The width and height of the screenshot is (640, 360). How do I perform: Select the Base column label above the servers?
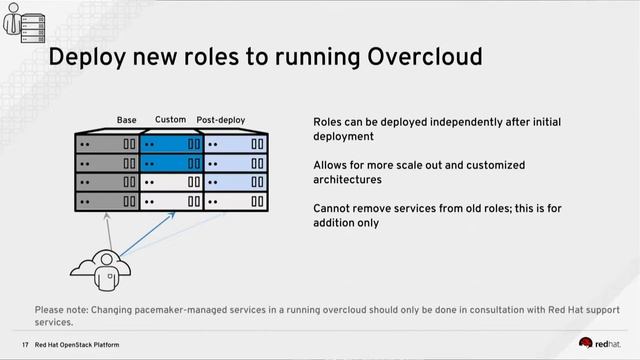pyautogui.click(x=127, y=120)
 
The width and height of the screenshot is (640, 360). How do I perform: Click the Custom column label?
pyautogui.click(x=170, y=120)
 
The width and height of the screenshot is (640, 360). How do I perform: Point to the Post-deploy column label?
pyautogui.click(x=221, y=120)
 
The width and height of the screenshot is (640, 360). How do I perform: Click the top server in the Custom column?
pyautogui.click(x=172, y=144)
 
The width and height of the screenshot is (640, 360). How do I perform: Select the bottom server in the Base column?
pyautogui.click(x=108, y=202)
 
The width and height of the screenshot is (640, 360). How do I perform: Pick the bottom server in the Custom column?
pyautogui.click(x=172, y=202)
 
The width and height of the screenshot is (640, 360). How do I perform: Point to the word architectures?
pyautogui.click(x=347, y=180)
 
